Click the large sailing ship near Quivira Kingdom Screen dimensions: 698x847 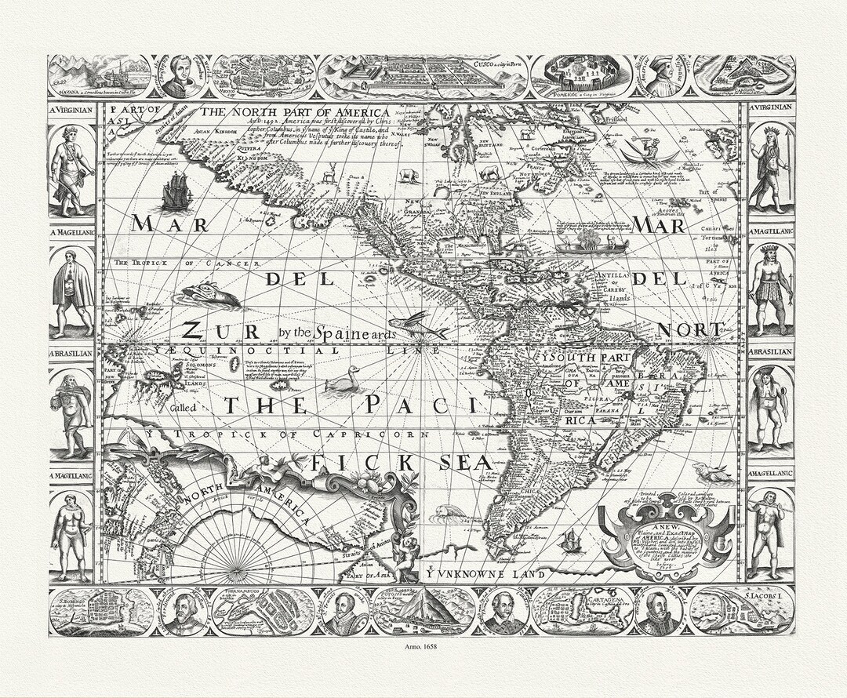pyautogui.click(x=176, y=191)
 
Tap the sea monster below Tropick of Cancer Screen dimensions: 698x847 pyautogui.click(x=210, y=296)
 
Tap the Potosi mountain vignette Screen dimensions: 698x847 pyautogui.click(x=423, y=611)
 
